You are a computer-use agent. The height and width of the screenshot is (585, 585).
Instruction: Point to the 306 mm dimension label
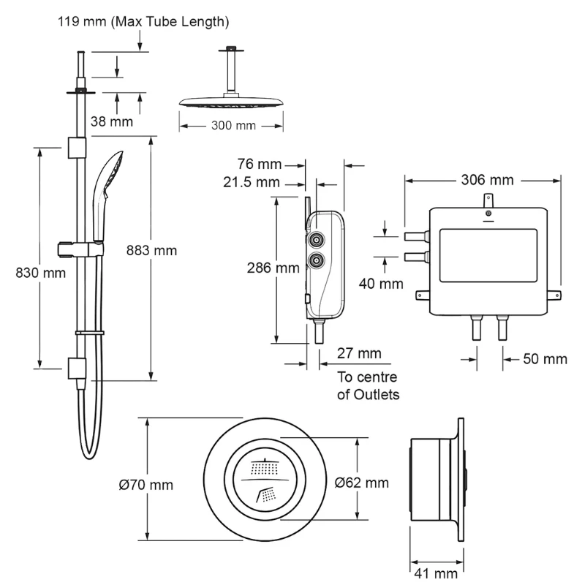coord(486,179)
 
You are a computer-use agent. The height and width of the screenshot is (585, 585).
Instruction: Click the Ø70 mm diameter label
coord(146,484)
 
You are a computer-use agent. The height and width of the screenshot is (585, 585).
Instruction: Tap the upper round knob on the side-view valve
coord(317,240)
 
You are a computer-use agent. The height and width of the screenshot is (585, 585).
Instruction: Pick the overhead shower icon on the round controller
coord(265,466)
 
